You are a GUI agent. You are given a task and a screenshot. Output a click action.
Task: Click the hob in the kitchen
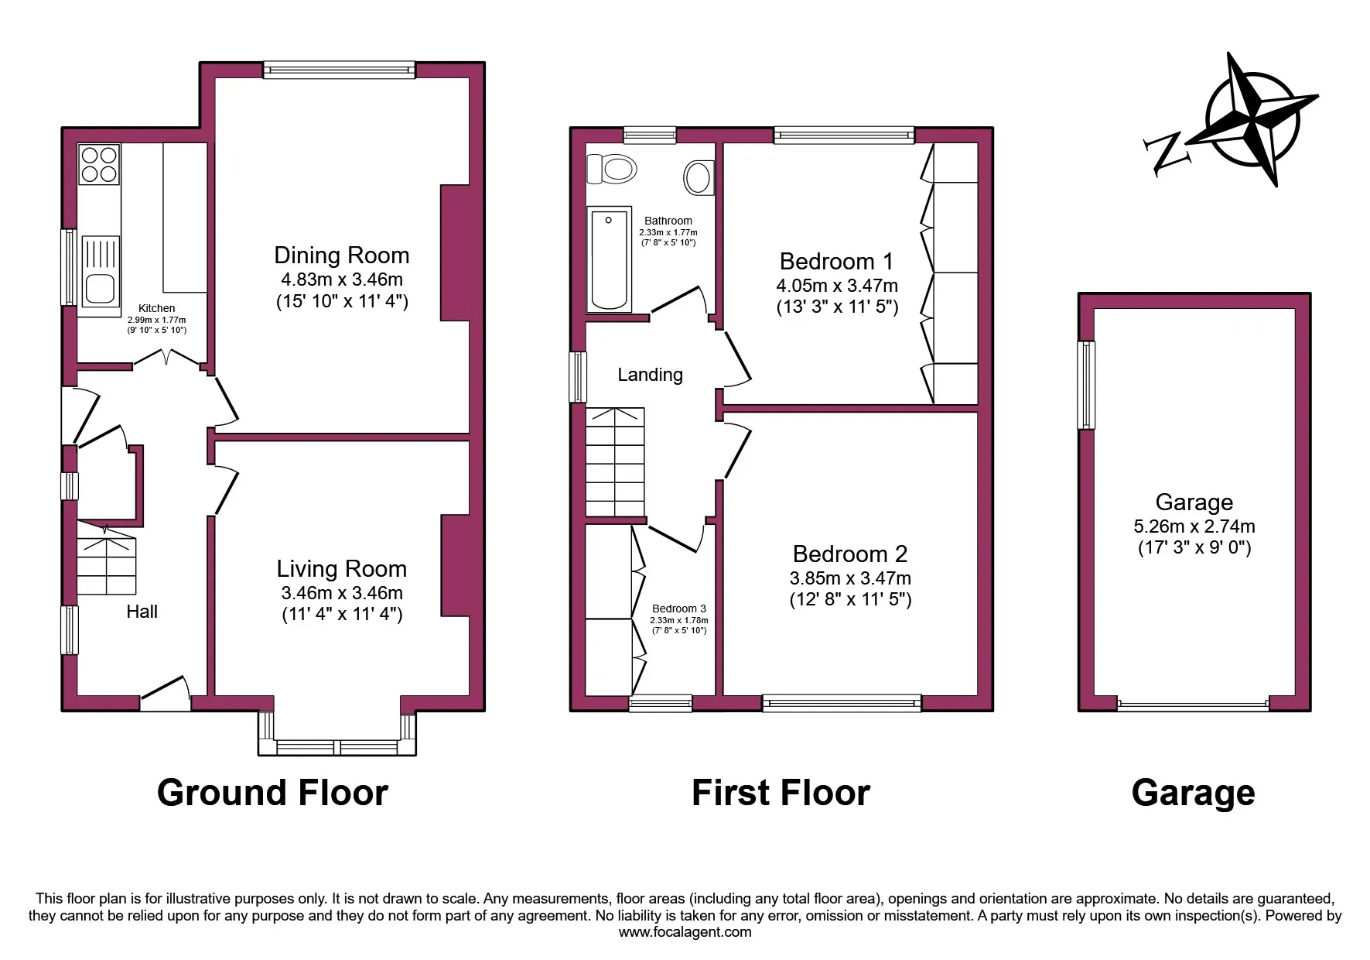pos(99,163)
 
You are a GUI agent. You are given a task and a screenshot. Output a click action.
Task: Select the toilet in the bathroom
pos(612,168)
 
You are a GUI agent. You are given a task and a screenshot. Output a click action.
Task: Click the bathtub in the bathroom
pos(609,259)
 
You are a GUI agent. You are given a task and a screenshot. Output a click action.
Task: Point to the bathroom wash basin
pos(699,177)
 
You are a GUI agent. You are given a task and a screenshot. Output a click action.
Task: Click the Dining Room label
pos(341,255)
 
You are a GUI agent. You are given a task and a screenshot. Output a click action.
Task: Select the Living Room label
pos(341,569)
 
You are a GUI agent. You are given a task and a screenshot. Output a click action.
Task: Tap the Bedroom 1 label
pos(836,261)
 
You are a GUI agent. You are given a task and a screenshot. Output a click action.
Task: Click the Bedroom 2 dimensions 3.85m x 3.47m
pos(850,578)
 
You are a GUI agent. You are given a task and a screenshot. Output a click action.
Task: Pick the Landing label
pos(650,375)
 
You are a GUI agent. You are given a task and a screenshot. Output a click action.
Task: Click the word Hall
pos(142,612)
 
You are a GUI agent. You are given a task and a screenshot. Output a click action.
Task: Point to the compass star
pos(1254,120)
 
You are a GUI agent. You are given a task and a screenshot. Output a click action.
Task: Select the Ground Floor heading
pos(272,793)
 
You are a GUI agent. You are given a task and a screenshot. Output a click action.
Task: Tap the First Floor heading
pos(781,793)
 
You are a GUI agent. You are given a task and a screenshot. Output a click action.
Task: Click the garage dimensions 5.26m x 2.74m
pos(1194,526)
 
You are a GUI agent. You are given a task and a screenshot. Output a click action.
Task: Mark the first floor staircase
pos(615,462)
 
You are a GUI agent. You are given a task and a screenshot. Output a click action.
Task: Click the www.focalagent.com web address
pos(685,932)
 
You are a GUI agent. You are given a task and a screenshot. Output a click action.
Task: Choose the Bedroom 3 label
pos(678,609)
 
